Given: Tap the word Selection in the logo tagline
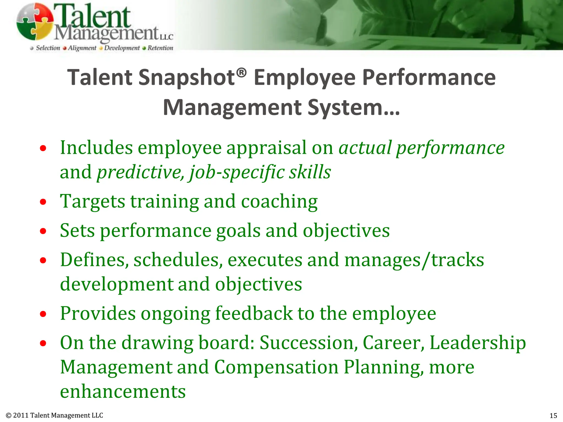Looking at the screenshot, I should [x=48, y=48].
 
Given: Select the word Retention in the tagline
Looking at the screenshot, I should [x=160, y=48].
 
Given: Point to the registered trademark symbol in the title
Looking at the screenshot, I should [x=241, y=73].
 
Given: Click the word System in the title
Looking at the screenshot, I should [x=345, y=108].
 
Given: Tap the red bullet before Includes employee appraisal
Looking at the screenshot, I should [x=43, y=149].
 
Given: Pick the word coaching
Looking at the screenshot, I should [x=279, y=201].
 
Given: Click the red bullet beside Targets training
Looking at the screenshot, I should [x=43, y=202].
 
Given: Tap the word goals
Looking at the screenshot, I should [x=238, y=231].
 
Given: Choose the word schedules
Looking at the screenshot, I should [x=178, y=260].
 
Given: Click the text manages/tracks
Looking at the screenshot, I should [x=414, y=260].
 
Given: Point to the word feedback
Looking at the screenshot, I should [x=254, y=313].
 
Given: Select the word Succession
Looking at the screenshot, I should [x=308, y=343].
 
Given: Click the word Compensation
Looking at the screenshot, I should [x=276, y=367].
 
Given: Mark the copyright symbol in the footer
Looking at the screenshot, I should [x=9, y=415].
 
